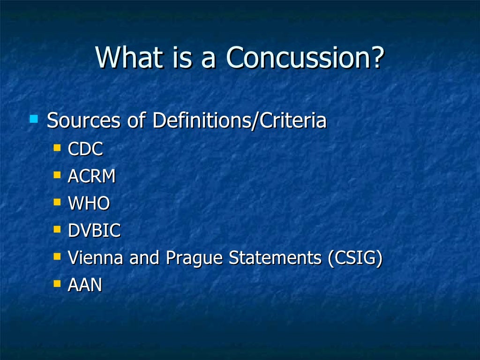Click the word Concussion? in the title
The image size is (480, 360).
(305, 57)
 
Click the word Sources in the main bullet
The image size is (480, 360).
(83, 120)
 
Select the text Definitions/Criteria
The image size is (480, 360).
(239, 120)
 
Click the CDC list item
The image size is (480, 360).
(85, 150)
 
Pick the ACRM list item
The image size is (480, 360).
(92, 177)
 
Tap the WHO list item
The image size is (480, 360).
(89, 203)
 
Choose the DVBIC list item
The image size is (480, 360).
(94, 231)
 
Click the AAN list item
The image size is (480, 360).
(85, 285)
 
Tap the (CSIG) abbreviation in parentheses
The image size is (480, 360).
(355, 258)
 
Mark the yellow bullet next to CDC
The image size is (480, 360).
(57, 148)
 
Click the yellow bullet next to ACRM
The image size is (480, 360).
(57, 175)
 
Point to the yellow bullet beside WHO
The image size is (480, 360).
(57, 202)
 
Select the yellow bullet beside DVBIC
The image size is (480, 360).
(57, 229)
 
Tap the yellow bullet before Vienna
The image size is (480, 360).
(57, 256)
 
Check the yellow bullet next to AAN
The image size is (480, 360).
(57, 284)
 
